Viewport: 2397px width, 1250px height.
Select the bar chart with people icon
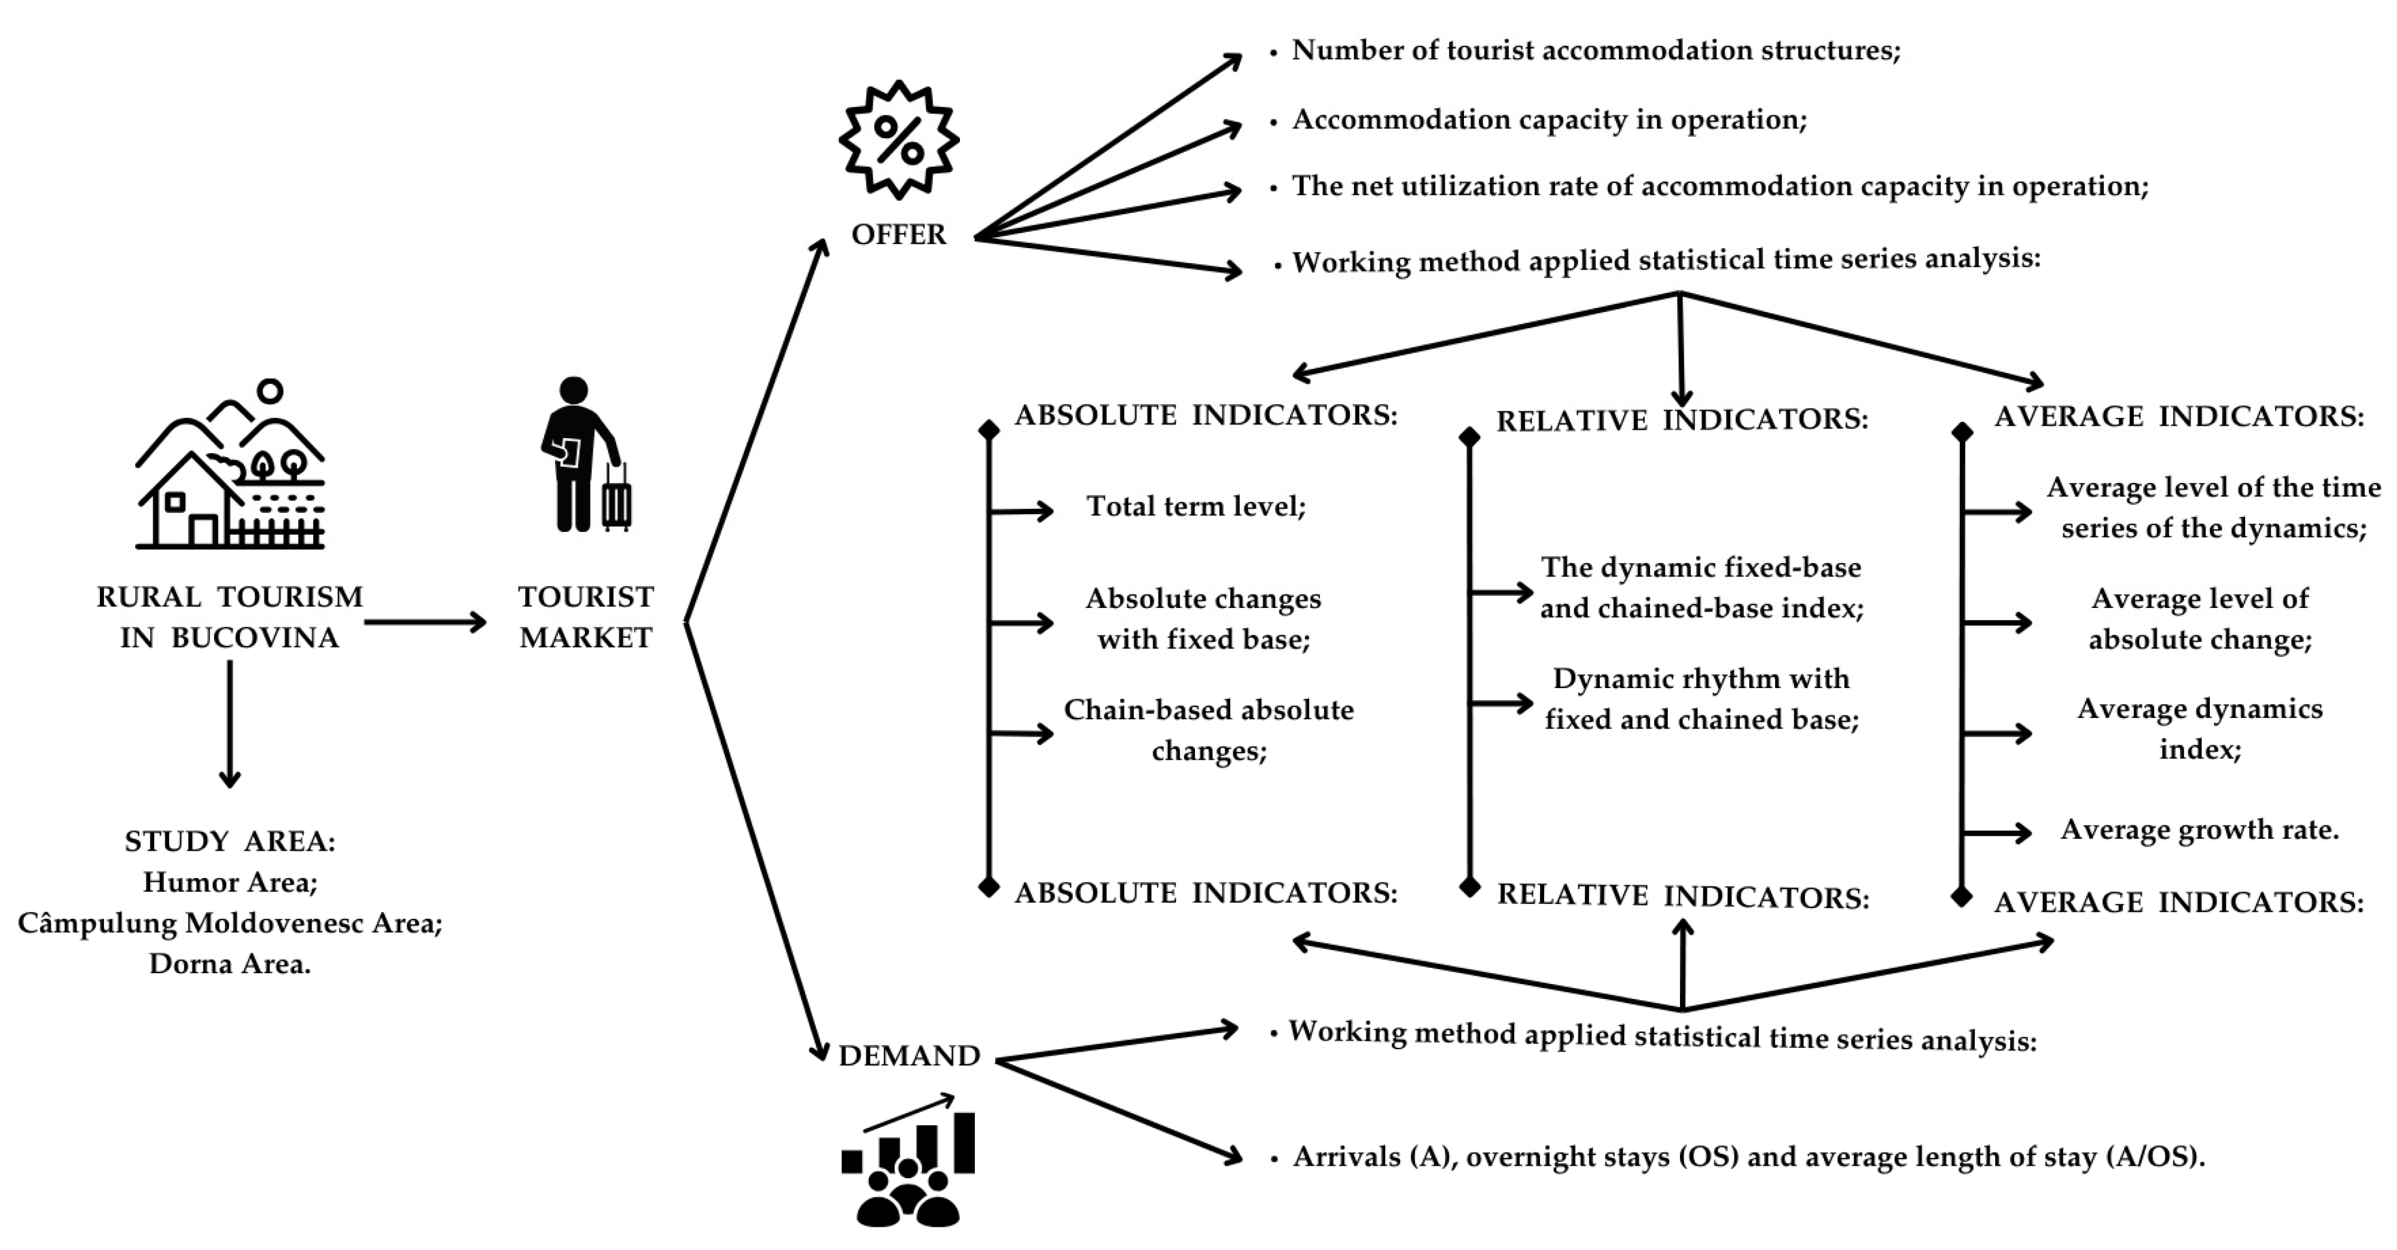pos(907,1163)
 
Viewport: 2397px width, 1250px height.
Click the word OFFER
pos(898,234)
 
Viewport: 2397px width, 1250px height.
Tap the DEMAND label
pos(909,1056)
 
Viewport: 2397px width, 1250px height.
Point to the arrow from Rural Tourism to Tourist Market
pos(425,622)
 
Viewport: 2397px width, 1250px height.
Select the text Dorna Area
pos(230,964)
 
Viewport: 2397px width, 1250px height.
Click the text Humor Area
pos(230,882)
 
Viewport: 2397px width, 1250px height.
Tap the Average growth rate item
pos(2199,830)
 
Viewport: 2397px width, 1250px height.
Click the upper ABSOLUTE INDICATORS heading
pos(1206,415)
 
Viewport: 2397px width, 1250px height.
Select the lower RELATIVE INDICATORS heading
pos(1682,897)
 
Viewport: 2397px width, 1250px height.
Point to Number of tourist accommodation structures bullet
pos(1595,50)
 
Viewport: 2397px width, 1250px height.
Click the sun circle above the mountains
pos(270,390)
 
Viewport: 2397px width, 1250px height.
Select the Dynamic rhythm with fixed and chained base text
pos(1701,698)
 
